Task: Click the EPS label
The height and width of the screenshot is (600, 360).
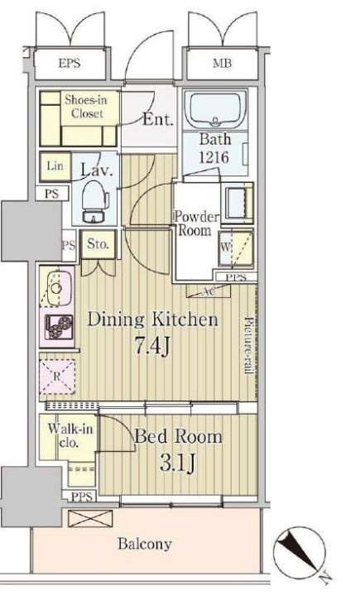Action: tap(70, 63)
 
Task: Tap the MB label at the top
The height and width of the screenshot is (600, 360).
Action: tap(223, 63)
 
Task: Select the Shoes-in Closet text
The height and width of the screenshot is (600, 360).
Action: tap(86, 107)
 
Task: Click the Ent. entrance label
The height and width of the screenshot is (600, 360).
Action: tap(158, 119)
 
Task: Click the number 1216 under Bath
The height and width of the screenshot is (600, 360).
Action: tap(214, 157)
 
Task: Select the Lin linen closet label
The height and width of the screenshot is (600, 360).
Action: tap(55, 166)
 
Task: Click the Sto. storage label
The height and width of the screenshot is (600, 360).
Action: tap(98, 244)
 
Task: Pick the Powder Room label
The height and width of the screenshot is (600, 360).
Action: tap(196, 223)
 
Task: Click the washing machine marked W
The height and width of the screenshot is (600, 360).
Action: tap(236, 248)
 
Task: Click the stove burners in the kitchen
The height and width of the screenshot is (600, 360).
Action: tap(59, 327)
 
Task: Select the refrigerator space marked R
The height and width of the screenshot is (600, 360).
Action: tap(57, 377)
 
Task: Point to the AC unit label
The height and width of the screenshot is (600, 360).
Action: tap(209, 291)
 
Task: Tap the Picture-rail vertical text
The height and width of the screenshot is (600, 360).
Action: tap(249, 346)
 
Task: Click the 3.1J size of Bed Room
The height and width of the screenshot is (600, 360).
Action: tap(177, 463)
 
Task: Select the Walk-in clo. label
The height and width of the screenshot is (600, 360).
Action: tap(70, 436)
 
